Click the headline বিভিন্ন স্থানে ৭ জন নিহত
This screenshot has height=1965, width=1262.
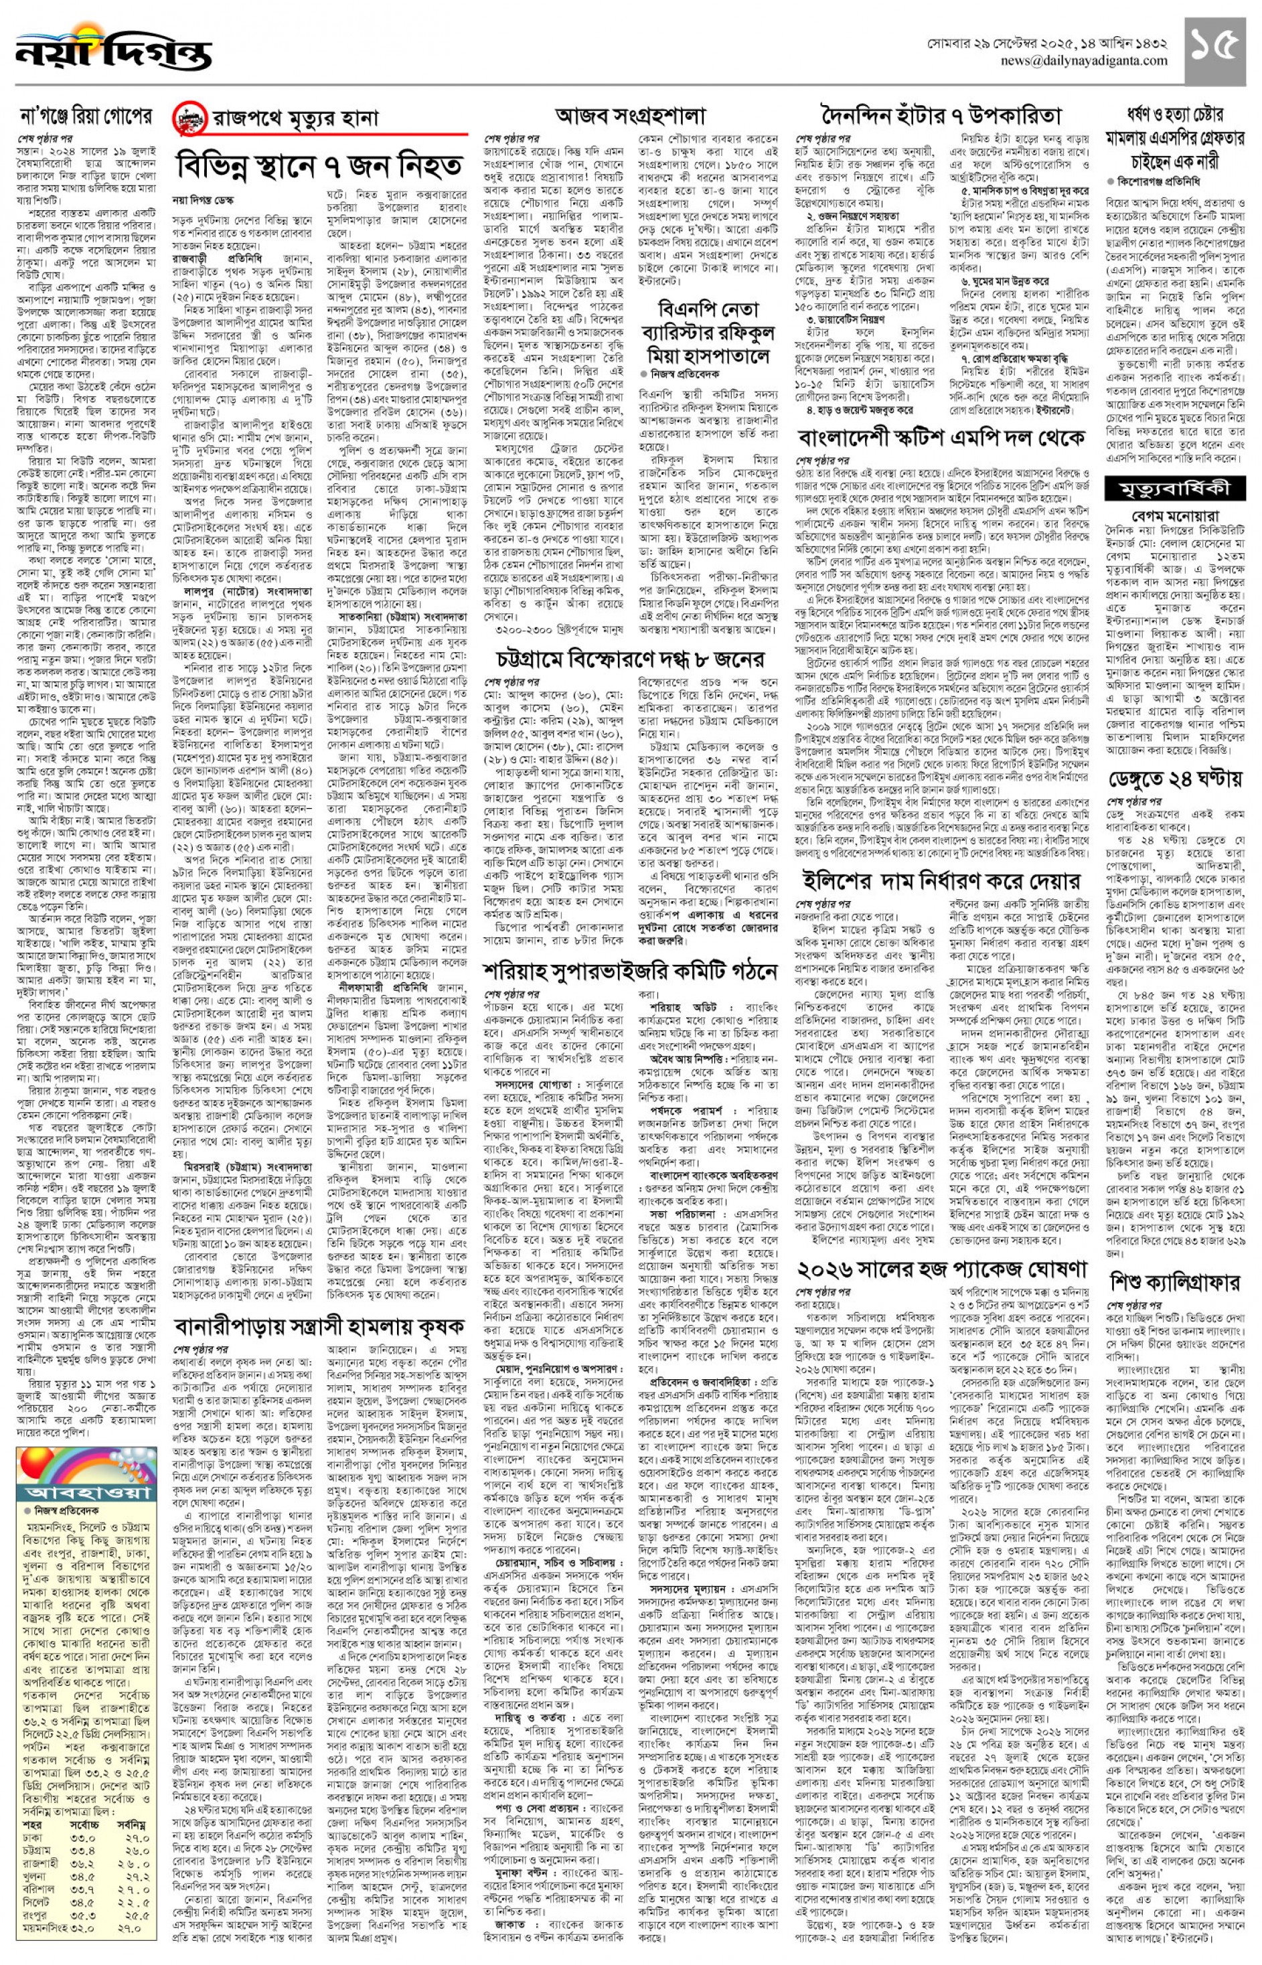319,167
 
